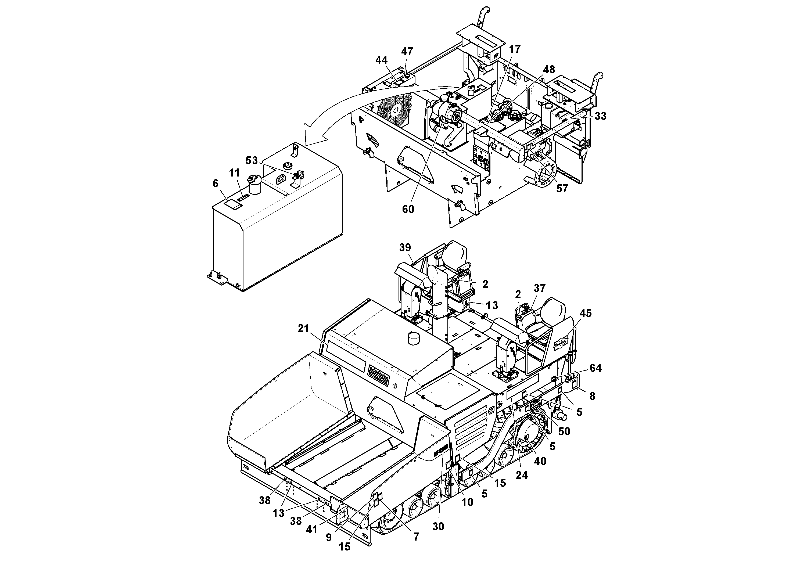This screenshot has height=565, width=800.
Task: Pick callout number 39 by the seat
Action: point(405,247)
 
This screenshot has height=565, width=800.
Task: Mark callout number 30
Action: point(438,527)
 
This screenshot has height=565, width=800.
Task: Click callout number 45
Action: point(585,313)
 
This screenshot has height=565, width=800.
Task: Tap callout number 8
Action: point(592,396)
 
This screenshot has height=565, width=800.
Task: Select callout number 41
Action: point(311,530)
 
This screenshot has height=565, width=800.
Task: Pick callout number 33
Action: point(600,116)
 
